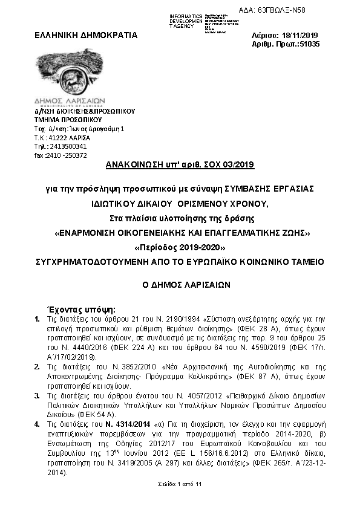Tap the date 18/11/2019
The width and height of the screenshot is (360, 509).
300,35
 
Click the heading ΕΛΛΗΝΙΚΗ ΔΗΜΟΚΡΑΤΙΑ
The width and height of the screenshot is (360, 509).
86,35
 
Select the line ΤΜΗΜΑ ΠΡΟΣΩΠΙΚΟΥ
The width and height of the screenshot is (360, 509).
63,120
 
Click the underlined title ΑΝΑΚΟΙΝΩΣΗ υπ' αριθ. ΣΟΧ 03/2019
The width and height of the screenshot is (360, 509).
180,164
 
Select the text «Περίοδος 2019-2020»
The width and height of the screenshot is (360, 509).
180,248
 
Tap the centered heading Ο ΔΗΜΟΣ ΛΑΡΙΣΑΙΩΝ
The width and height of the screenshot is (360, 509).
180,284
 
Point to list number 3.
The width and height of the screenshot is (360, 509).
38,395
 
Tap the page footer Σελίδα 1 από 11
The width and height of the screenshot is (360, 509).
179,484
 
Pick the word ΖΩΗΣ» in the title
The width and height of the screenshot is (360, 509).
295,233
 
